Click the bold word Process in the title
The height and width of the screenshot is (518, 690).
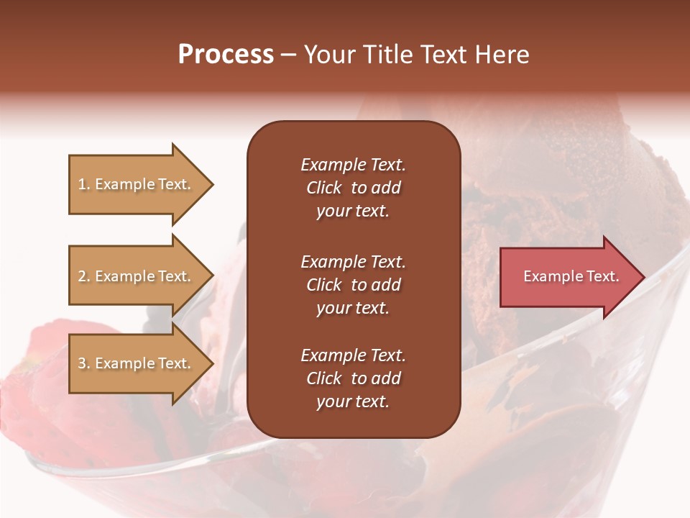tap(226, 55)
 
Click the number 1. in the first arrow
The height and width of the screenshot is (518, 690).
tap(84, 184)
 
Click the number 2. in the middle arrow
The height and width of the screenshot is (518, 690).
tap(84, 276)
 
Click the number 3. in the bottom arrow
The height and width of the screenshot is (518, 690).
tap(84, 363)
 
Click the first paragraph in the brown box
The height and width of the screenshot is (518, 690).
tap(353, 188)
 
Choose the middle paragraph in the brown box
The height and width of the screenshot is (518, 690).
tap(353, 285)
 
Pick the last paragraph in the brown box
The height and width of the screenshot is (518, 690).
tap(353, 378)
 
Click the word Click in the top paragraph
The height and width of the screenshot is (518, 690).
tap(323, 188)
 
